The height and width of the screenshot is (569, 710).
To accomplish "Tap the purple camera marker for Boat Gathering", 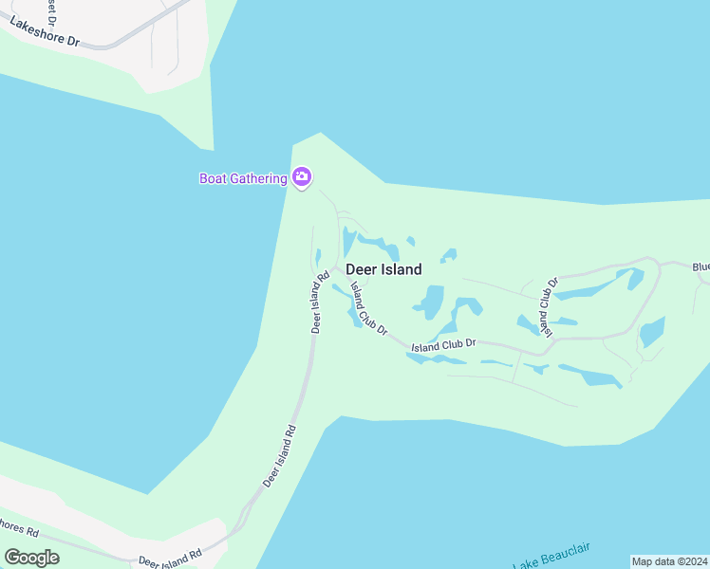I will [x=302, y=176].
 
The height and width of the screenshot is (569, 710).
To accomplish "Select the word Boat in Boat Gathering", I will [x=215, y=178].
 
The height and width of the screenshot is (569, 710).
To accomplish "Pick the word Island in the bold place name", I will [x=401, y=269].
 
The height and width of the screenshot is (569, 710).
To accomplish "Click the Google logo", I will [x=31, y=558].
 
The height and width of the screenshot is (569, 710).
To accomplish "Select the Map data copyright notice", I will [x=668, y=561].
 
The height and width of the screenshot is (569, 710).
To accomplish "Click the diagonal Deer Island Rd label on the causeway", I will [x=279, y=456].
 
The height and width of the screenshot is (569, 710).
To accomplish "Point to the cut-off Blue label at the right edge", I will [x=701, y=267].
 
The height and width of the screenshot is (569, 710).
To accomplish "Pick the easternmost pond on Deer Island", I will [x=651, y=333].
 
